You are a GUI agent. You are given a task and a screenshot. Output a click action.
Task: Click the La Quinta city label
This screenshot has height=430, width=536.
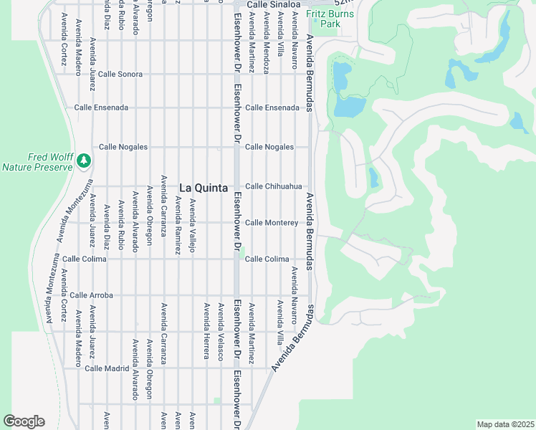[204, 188]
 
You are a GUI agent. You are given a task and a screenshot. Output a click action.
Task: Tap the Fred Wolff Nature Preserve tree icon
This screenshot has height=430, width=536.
[85, 159]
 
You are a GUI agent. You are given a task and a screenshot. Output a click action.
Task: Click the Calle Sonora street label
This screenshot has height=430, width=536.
[120, 74]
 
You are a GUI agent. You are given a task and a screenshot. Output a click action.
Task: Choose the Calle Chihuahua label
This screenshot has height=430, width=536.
[273, 186]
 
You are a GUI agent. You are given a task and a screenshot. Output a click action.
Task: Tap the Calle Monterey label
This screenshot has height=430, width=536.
[272, 223]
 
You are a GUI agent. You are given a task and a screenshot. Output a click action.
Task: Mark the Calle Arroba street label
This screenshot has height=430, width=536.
[92, 295]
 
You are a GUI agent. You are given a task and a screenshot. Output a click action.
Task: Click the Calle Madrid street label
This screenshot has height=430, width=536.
[106, 368]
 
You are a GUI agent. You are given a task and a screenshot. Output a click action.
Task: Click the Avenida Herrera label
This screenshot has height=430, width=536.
[207, 330]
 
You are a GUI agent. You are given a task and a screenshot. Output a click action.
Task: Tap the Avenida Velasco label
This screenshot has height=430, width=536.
[221, 330]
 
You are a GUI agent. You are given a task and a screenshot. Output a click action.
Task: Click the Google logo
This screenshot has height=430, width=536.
[24, 421]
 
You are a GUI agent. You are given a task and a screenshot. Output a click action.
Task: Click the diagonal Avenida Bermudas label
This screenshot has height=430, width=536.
[292, 338]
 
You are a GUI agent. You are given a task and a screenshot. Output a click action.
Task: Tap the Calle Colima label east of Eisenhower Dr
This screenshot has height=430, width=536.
[267, 259]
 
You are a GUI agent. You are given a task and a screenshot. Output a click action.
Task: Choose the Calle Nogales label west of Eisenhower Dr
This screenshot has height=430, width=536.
[123, 147]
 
